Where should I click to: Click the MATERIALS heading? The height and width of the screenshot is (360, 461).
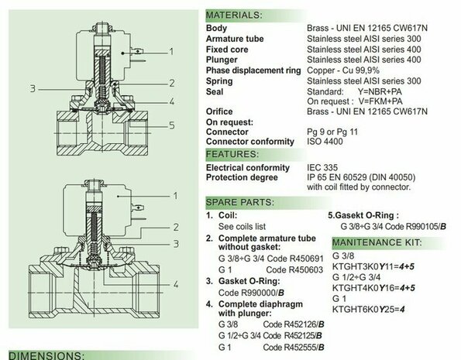click(234, 15)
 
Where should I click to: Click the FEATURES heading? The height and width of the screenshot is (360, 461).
click(232, 154)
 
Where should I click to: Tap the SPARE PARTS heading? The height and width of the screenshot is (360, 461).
click(240, 203)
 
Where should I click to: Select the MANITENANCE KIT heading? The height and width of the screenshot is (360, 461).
click(377, 242)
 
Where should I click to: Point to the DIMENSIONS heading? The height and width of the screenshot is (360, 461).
click(46, 355)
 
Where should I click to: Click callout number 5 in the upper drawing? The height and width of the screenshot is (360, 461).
click(172, 125)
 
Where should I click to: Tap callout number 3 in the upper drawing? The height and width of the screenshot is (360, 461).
click(33, 89)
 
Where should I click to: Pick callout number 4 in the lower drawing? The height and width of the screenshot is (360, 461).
click(176, 284)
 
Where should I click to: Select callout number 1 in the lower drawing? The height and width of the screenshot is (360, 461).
click(176, 196)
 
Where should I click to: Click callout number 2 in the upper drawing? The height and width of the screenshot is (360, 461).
click(172, 83)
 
